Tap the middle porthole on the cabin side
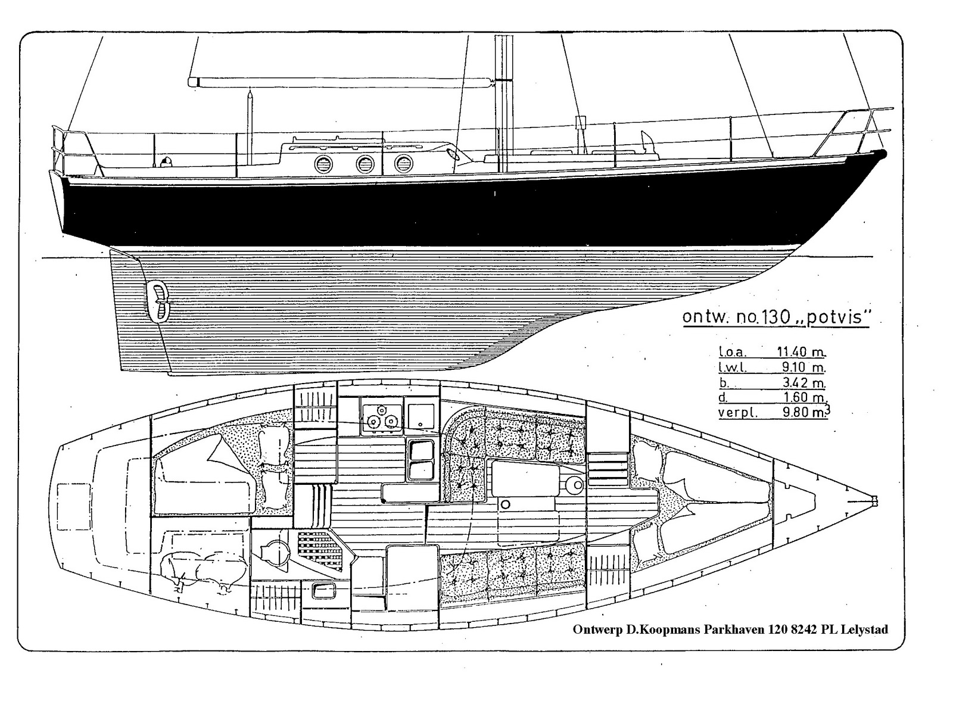pyautogui.click(x=365, y=164)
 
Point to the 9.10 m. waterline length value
pyautogui.click(x=803, y=367)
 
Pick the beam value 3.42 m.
pyautogui.click(x=803, y=382)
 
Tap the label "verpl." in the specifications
pyautogui.click(x=738, y=413)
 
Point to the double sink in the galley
pyautogui.click(x=421, y=460)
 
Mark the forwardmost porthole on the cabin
pyautogui.click(x=403, y=164)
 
